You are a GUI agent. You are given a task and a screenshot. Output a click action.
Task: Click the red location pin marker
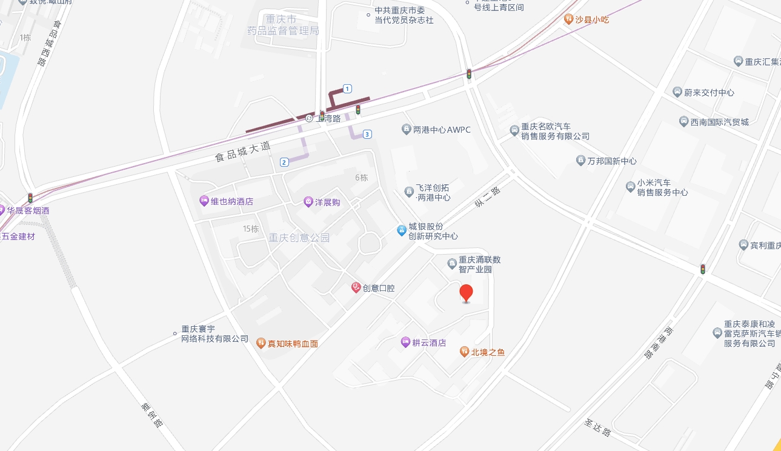tap(466, 293)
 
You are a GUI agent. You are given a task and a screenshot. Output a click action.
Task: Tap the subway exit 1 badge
tap(347, 89)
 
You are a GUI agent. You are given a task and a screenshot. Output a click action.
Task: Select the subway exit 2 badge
tap(284, 162)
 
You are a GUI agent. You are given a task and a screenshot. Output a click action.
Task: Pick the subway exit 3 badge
tap(367, 134)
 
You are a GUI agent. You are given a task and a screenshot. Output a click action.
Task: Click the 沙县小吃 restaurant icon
tap(568, 19)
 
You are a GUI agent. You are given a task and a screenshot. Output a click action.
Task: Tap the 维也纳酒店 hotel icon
tap(204, 201)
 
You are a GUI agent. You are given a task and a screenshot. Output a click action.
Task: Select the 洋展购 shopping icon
tap(308, 201)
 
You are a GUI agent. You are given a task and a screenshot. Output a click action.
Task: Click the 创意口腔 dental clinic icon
tap(356, 288)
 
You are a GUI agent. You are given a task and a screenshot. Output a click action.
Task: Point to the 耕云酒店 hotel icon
tap(405, 342)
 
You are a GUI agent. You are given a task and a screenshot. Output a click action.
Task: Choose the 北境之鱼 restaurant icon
tap(464, 351)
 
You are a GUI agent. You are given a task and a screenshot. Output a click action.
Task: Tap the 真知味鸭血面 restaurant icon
tap(261, 343)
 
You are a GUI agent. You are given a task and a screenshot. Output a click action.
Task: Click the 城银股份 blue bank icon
tap(401, 230)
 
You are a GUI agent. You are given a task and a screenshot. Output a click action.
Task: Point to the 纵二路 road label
tap(488, 198)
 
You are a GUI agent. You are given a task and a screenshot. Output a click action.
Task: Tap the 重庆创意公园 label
tap(299, 238)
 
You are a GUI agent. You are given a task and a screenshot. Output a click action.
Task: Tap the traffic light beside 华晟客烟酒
tap(30, 198)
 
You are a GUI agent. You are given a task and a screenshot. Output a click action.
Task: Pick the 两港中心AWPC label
tap(441, 130)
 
